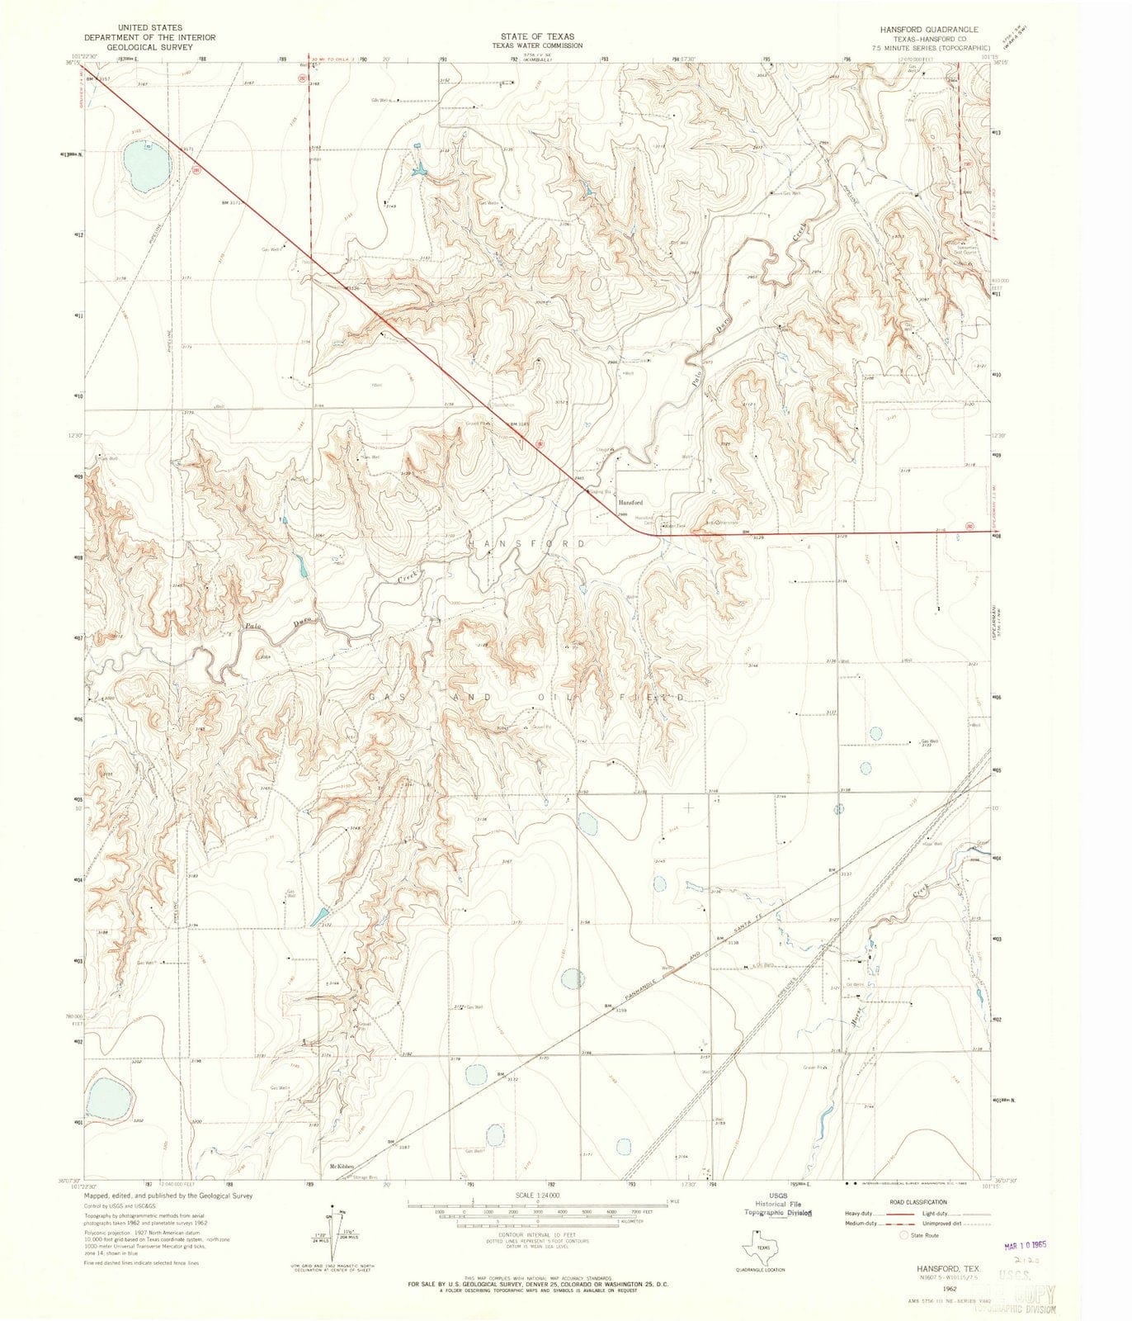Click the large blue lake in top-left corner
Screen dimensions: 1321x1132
(x=141, y=165)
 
